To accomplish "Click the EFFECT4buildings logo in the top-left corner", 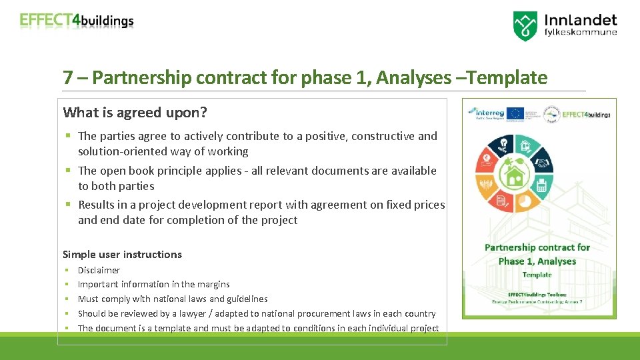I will (77, 21).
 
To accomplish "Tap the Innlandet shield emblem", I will (525, 25).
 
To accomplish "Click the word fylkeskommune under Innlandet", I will (581, 32).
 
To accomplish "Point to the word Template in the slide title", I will (509, 78).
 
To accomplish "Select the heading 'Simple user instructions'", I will (122, 254).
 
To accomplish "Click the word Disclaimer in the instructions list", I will (99, 270).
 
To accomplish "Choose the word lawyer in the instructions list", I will (191, 313).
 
